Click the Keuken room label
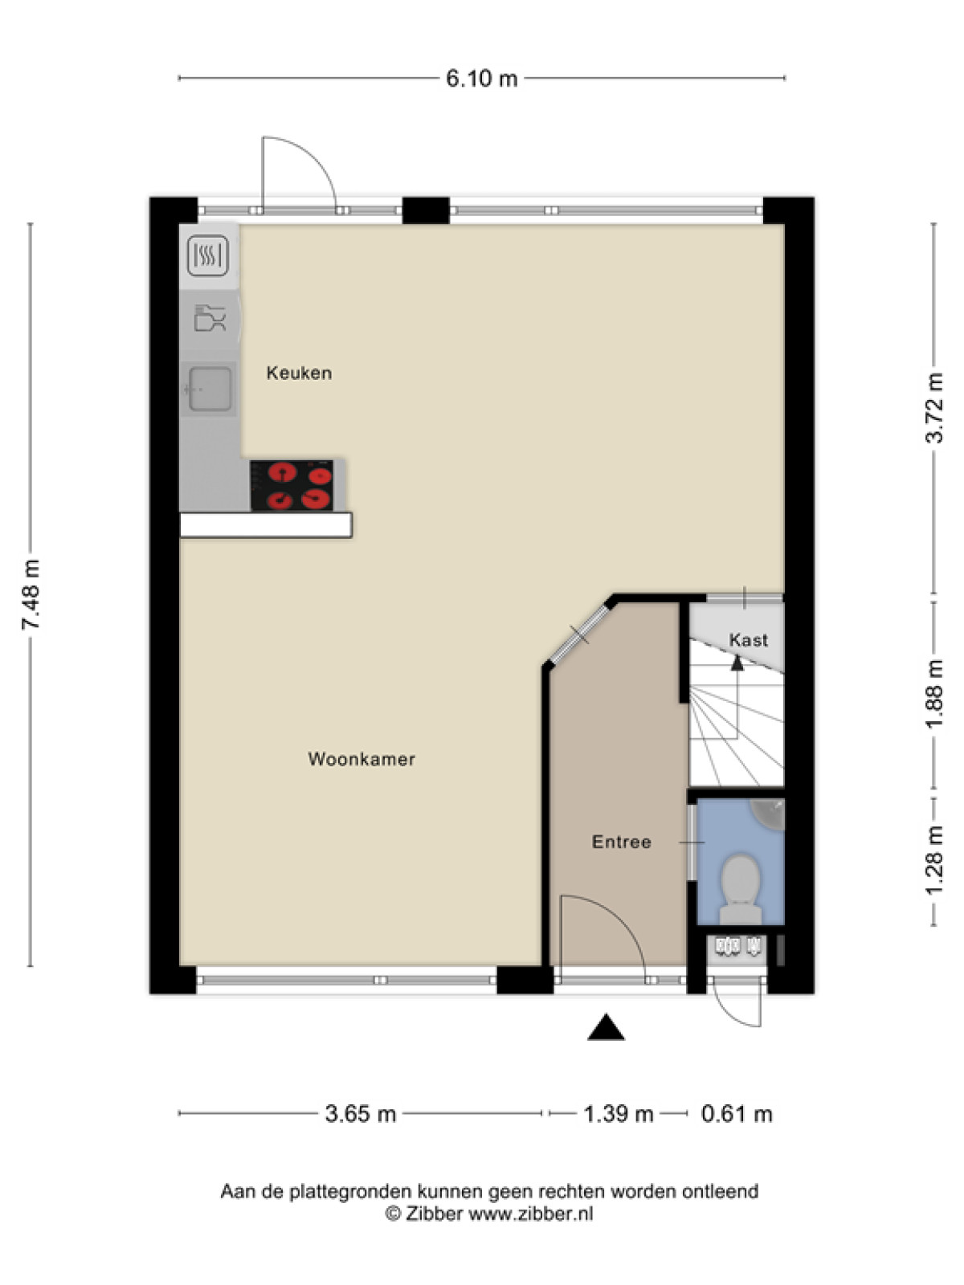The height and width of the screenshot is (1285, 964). coord(299,373)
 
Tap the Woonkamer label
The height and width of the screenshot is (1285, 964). coord(361,759)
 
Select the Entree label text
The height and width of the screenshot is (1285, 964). coord(622,842)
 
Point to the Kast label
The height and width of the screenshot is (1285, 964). coord(749,640)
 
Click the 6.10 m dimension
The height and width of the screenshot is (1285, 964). coord(482,79)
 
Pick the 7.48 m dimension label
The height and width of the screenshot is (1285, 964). coord(31,594)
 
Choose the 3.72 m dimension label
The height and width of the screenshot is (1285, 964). coord(934,407)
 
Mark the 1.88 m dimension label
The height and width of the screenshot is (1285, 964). coord(934,693)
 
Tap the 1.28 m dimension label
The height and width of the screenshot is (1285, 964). coord(934,859)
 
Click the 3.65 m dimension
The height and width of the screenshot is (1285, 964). coord(361,1113)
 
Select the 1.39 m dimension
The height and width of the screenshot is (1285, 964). coord(618,1113)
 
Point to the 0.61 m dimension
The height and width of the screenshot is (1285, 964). coord(737,1113)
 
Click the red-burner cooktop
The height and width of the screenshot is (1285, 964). coord(292,485)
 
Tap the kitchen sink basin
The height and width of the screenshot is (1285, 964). coord(210,389)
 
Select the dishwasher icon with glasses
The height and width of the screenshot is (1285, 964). coord(210,319)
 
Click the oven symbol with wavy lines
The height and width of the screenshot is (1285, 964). coord(207,255)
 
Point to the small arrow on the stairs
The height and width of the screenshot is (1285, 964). coord(737,663)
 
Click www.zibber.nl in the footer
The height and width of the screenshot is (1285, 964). coord(532,1214)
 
